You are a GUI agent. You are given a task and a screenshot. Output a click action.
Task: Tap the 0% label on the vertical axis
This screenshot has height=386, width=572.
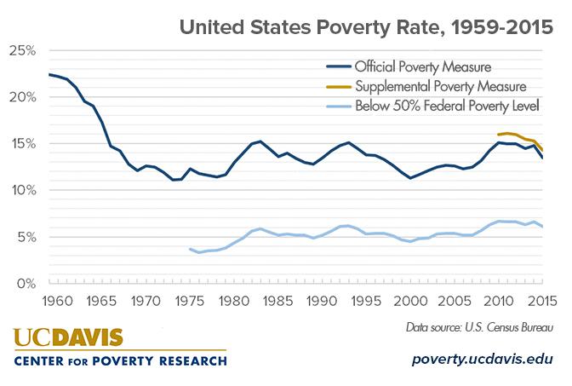26,283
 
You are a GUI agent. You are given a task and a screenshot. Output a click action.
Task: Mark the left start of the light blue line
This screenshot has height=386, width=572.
190,249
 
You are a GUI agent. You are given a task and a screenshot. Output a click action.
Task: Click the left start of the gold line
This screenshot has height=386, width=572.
498,135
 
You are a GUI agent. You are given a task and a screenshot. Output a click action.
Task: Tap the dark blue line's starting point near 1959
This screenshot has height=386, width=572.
49,75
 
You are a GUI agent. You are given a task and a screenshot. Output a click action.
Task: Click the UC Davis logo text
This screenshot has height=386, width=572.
68,337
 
